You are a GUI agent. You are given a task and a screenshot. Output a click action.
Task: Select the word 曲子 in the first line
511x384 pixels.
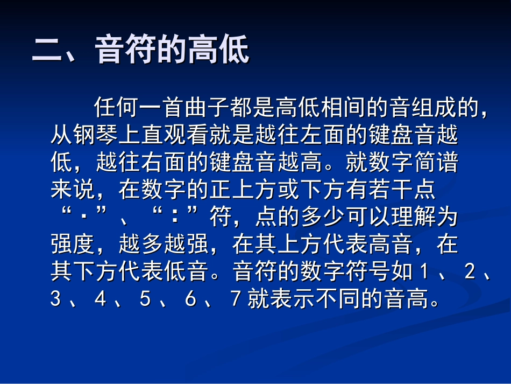click(x=209, y=107)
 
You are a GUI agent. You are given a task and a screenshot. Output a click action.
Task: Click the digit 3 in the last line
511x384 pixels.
click(x=55, y=299)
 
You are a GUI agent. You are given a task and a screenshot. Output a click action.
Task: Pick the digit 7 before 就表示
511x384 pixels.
click(x=235, y=299)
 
